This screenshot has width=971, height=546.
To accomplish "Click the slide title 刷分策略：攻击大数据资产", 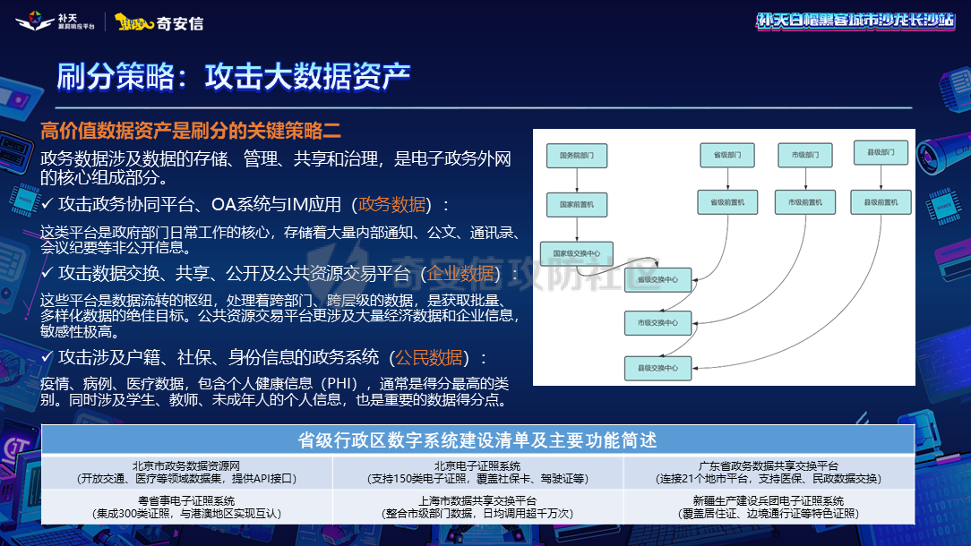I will click(x=234, y=77).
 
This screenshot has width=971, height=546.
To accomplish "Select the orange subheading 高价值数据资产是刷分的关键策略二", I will click(x=191, y=131).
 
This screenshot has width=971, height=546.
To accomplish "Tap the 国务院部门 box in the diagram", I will click(x=577, y=156).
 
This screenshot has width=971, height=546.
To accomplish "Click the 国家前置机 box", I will click(x=577, y=204).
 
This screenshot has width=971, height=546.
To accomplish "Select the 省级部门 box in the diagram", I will click(x=727, y=155).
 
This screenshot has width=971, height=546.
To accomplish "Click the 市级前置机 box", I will click(x=804, y=202).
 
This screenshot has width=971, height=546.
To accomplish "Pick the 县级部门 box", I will click(x=881, y=153).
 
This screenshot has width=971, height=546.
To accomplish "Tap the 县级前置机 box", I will click(x=881, y=202).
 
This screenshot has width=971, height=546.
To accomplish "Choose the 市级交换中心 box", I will click(x=657, y=322).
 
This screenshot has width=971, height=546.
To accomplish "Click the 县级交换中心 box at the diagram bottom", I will click(x=657, y=368).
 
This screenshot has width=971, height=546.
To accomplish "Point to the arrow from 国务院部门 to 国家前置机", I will click(x=577, y=180).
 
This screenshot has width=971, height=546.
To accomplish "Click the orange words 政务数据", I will click(x=392, y=204).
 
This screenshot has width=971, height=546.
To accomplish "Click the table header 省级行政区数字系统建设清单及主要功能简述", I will click(x=477, y=440).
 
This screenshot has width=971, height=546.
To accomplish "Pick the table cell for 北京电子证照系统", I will click(x=477, y=472).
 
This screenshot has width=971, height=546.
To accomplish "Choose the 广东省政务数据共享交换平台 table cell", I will click(x=769, y=472).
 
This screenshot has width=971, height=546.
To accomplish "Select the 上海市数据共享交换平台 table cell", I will click(x=477, y=507).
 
